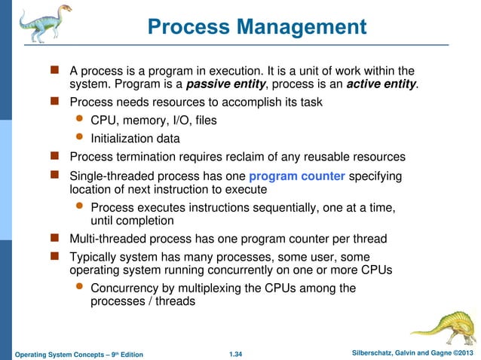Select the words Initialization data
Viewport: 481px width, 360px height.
click(136, 139)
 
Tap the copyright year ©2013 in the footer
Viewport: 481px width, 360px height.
click(460, 352)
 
